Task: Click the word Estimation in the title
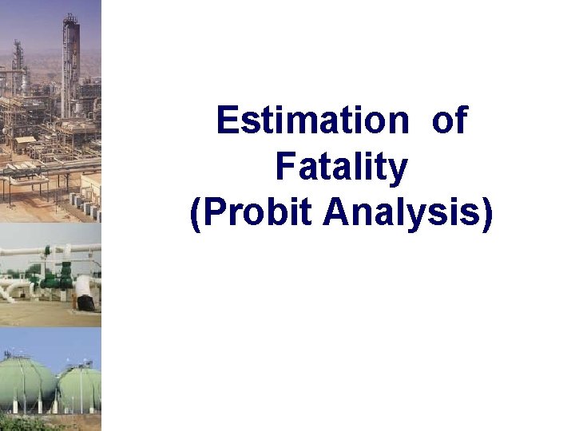(x=311, y=121)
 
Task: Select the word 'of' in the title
(x=450, y=121)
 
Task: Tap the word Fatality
(x=342, y=168)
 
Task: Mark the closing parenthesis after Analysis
(x=487, y=215)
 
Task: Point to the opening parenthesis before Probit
(x=196, y=215)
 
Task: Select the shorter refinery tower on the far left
(x=18, y=64)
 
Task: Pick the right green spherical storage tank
(x=80, y=386)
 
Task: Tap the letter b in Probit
(x=274, y=213)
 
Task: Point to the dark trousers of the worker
(x=86, y=302)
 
